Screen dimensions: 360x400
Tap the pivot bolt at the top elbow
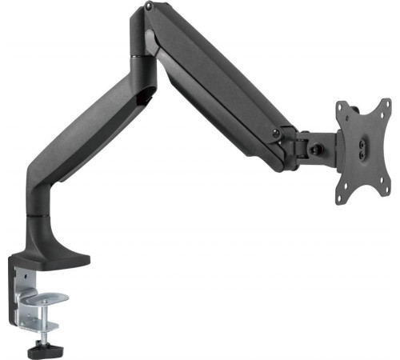click(149, 8)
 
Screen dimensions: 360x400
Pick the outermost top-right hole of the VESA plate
click(385, 107)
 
